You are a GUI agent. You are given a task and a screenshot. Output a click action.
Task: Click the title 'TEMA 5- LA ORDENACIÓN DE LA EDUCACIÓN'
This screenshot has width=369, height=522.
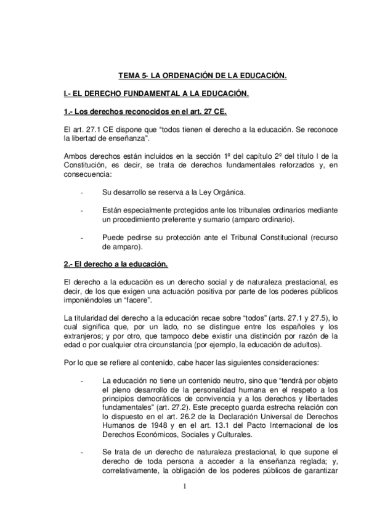click(203, 76)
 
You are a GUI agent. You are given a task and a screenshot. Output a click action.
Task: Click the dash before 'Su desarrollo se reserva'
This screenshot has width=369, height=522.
click(82, 192)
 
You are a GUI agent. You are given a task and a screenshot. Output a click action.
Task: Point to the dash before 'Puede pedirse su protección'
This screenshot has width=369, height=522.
click(82, 238)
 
